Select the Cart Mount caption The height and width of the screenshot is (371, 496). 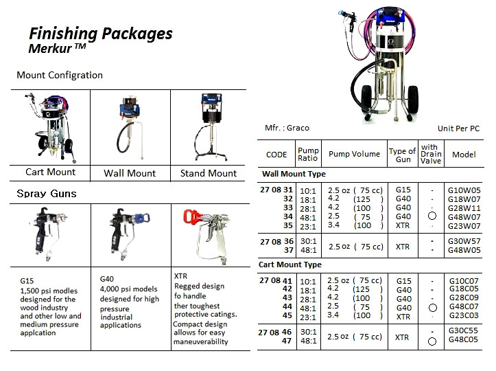pyautogui.click(x=51, y=172)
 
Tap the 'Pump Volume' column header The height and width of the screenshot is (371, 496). pyautogui.click(x=354, y=155)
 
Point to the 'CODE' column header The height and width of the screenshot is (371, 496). pyautogui.click(x=276, y=155)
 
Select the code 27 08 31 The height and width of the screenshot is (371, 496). pyautogui.click(x=276, y=190)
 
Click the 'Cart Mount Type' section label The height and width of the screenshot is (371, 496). pyautogui.click(x=290, y=265)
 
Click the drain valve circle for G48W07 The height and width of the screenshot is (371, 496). pyautogui.click(x=432, y=216)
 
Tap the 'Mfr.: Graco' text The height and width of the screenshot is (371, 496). pyautogui.click(x=287, y=128)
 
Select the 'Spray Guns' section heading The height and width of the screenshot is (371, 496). pyautogui.click(x=47, y=194)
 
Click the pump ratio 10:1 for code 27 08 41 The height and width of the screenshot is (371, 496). pyautogui.click(x=308, y=281)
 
